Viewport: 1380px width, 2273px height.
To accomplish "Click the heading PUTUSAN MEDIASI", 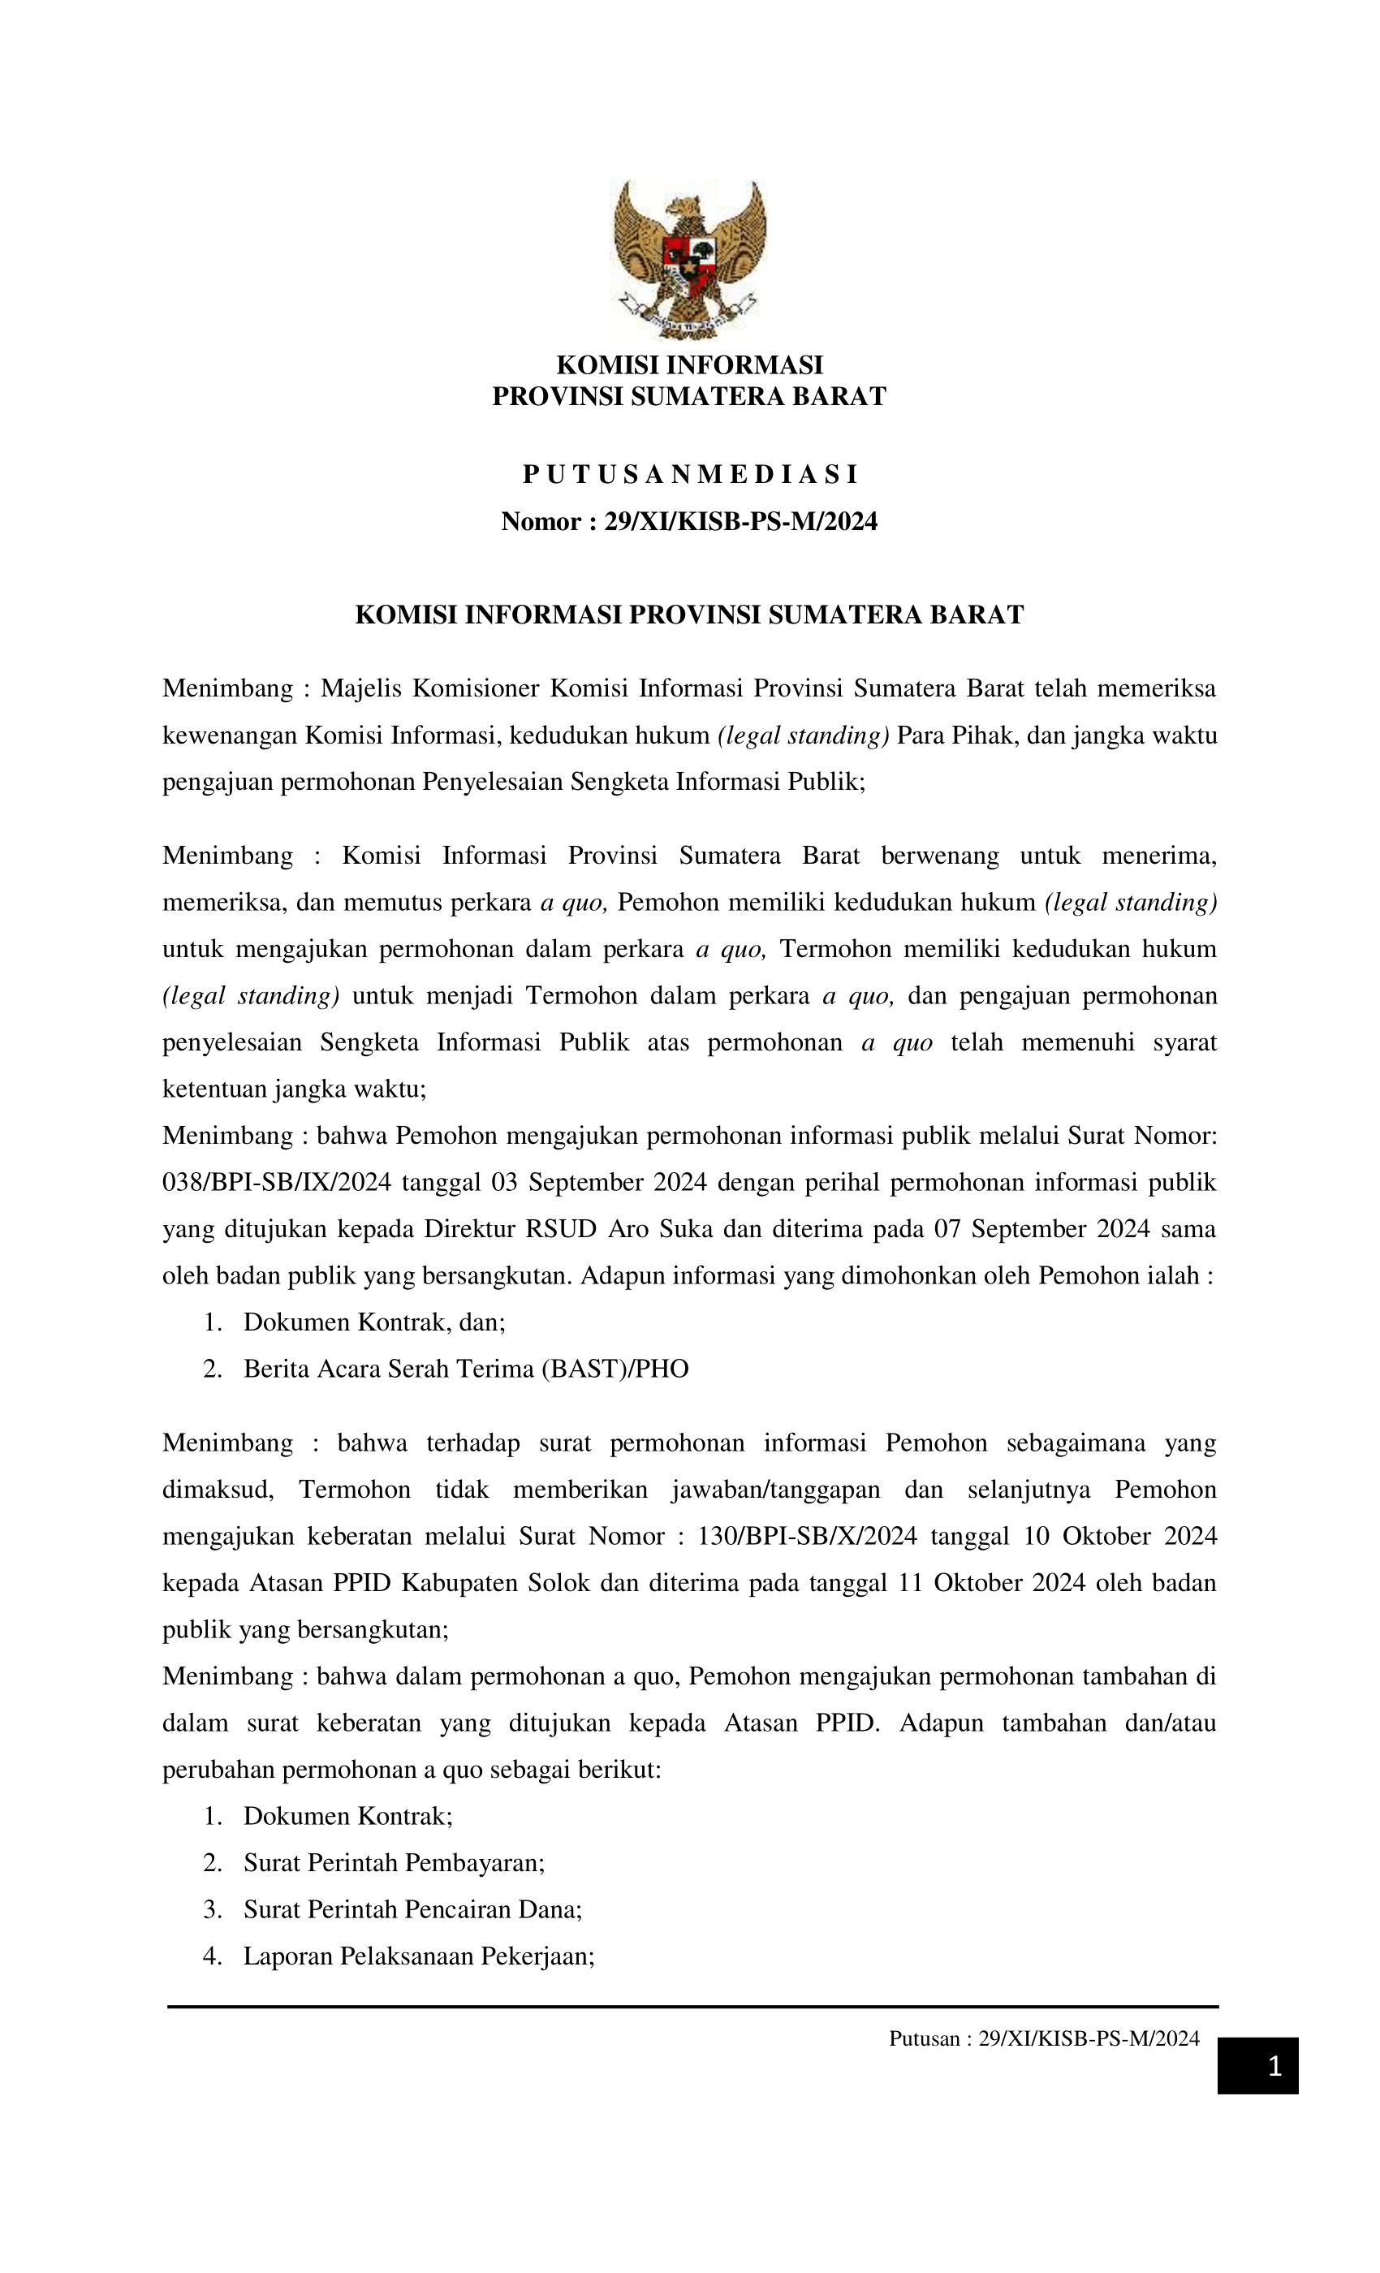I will (689, 474).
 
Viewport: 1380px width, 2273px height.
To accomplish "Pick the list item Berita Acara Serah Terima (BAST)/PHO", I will (466, 1368).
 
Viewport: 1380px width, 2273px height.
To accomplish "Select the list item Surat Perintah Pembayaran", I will (394, 1862).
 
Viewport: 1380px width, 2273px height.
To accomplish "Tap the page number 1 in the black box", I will (1274, 2066).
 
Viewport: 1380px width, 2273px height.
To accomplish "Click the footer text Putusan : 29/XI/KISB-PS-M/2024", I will (1043, 2038).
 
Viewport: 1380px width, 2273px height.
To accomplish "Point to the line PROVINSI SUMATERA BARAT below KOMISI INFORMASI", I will (689, 397).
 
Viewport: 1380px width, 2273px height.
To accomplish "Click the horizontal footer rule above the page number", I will (692, 2007).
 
